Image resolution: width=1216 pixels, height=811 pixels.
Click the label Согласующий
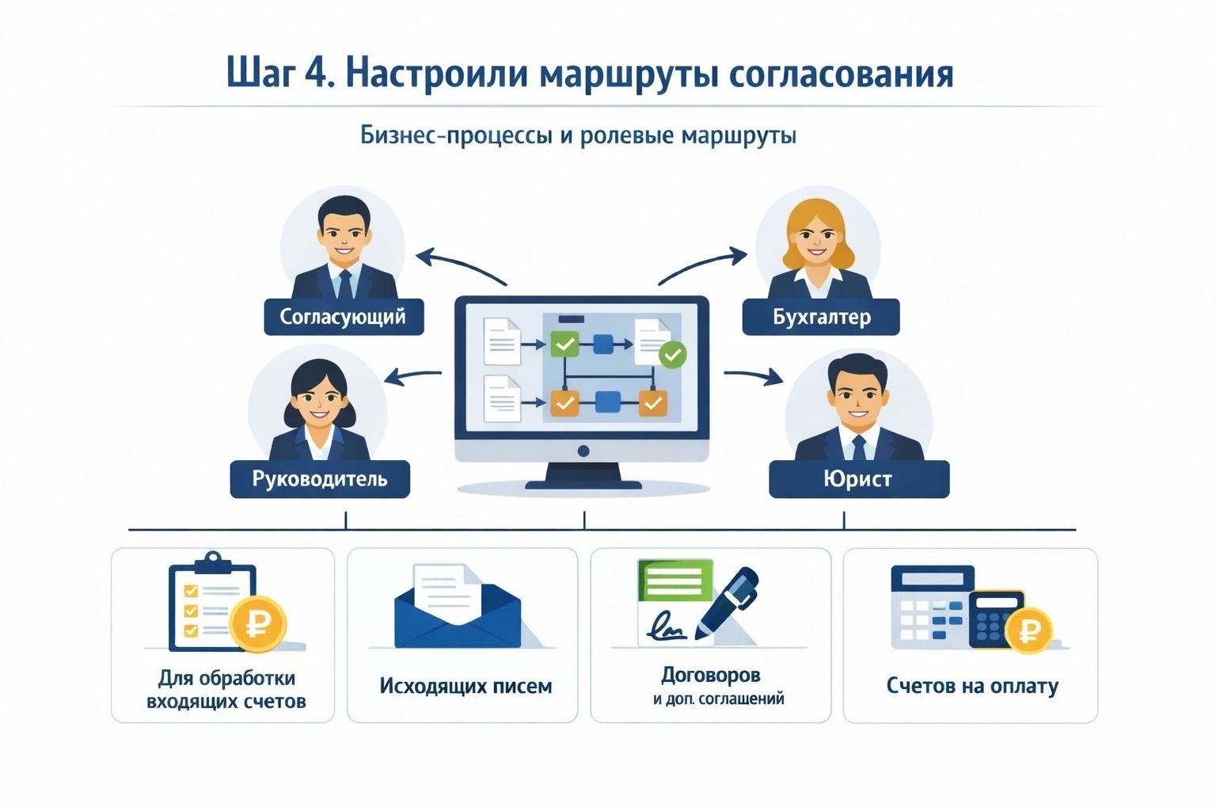tap(343, 317)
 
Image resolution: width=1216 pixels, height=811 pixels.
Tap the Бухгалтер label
tap(821, 317)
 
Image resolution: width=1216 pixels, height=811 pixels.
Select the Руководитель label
tap(320, 479)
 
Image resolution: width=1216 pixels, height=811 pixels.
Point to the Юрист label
tap(858, 479)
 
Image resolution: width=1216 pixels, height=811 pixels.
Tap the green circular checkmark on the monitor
tap(673, 354)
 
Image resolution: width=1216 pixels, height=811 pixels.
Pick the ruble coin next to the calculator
tap(1029, 631)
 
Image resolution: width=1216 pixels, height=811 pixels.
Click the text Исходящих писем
tap(465, 686)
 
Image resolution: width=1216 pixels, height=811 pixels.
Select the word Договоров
tap(711, 675)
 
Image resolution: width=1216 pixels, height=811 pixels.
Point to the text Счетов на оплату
tap(972, 686)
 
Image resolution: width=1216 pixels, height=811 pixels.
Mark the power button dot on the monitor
tap(583, 451)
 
